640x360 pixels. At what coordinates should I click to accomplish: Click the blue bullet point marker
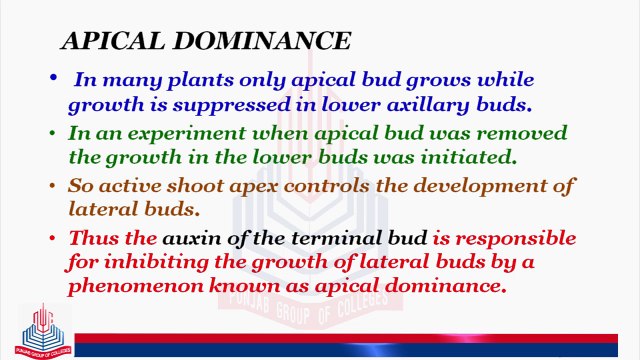(x=54, y=78)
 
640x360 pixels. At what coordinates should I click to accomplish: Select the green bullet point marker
(x=54, y=132)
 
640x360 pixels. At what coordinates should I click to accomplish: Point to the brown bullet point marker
(x=54, y=186)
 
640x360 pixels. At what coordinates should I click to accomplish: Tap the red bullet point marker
(x=54, y=239)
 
